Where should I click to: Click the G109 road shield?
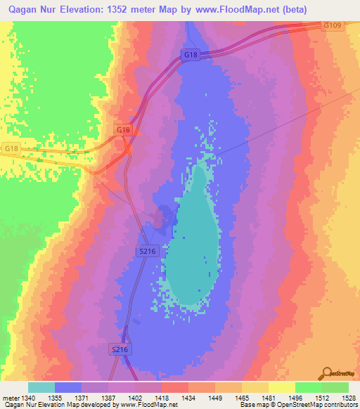(333, 25)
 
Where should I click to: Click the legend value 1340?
(30, 398)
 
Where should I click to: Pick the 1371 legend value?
(83, 398)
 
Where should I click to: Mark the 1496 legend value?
(296, 398)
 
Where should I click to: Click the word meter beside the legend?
(10, 398)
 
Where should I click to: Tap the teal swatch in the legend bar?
(41, 387)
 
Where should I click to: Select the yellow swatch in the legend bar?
(281, 387)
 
